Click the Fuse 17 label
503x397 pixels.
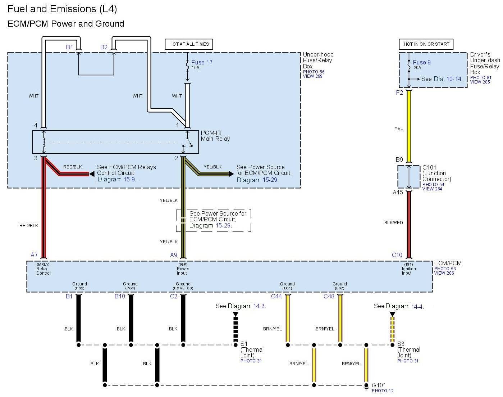[x=202, y=63]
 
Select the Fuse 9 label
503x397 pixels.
[x=422, y=63]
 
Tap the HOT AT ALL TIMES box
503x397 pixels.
[x=189, y=44]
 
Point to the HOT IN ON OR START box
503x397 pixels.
[x=426, y=44]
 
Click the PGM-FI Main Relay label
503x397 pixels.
[x=215, y=136]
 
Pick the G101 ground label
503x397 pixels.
[x=379, y=385]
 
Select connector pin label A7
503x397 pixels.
[x=34, y=255]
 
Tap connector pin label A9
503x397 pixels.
[x=174, y=255]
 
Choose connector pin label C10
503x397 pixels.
[x=397, y=255]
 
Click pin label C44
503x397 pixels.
[x=276, y=296]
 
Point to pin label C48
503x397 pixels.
[x=329, y=296]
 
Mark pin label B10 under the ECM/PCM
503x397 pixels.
[x=120, y=296]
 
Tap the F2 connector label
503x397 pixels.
[x=399, y=93]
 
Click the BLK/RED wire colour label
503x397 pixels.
[x=393, y=223]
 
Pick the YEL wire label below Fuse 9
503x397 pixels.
[x=399, y=128]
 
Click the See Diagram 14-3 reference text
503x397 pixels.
[x=241, y=306]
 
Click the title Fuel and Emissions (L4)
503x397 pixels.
[x=62, y=9]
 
